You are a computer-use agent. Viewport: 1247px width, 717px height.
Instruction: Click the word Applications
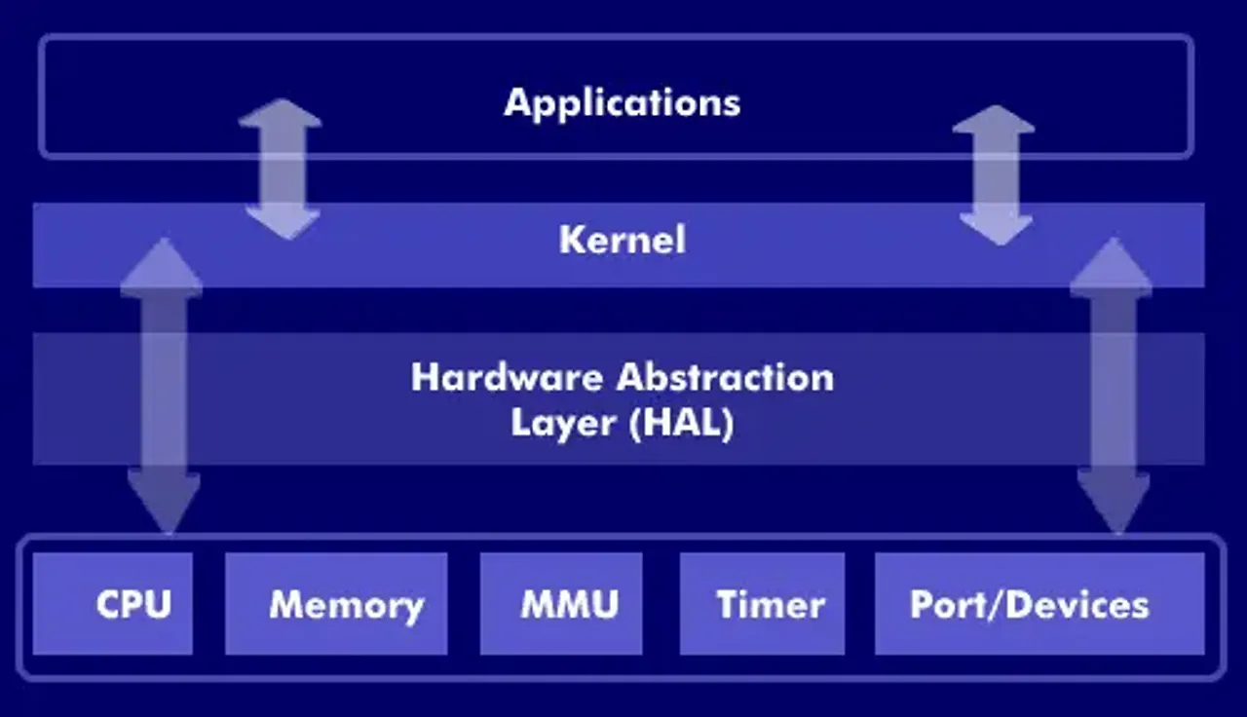[622, 102]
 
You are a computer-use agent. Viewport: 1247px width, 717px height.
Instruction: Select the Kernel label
[622, 240]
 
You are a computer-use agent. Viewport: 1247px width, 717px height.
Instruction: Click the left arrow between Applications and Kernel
[281, 169]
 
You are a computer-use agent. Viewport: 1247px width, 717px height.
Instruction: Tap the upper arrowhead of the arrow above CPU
[162, 267]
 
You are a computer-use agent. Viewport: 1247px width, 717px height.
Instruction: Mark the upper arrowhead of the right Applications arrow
[994, 121]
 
